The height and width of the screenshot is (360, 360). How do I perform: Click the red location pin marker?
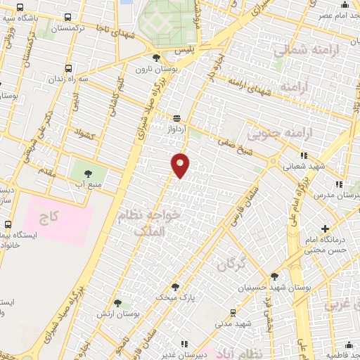point(180,165)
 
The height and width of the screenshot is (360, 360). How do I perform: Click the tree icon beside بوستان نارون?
point(156,58)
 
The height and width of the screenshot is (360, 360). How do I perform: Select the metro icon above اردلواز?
point(176,119)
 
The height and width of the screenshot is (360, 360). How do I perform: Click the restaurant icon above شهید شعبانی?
point(303,155)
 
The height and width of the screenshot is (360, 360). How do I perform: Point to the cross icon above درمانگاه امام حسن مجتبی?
point(324,229)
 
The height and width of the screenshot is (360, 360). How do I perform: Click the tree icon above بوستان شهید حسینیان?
point(274,276)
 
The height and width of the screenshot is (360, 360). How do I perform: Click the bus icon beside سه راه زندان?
point(68,69)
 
